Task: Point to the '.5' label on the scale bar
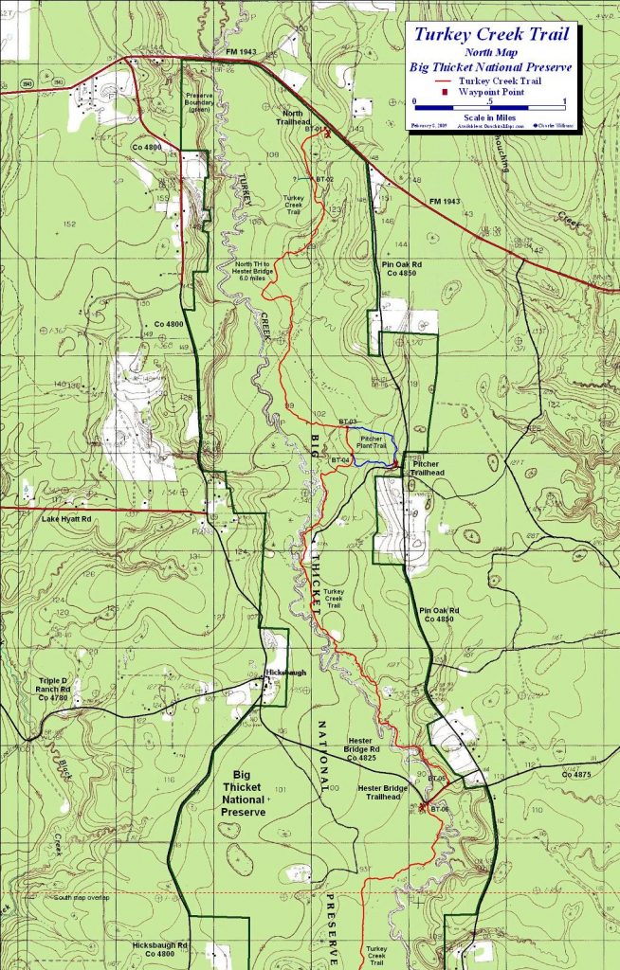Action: (490, 100)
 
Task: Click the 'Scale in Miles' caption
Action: (489, 117)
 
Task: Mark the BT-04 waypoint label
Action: (341, 460)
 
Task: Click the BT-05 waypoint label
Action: (436, 778)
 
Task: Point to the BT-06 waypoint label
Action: (438, 810)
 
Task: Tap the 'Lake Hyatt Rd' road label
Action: (66, 519)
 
